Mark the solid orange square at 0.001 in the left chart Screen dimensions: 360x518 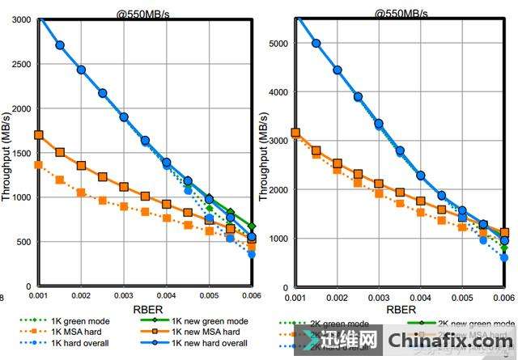(39, 135)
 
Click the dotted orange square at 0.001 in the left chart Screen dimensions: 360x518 (39, 165)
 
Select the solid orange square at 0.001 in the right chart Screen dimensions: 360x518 (295, 133)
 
